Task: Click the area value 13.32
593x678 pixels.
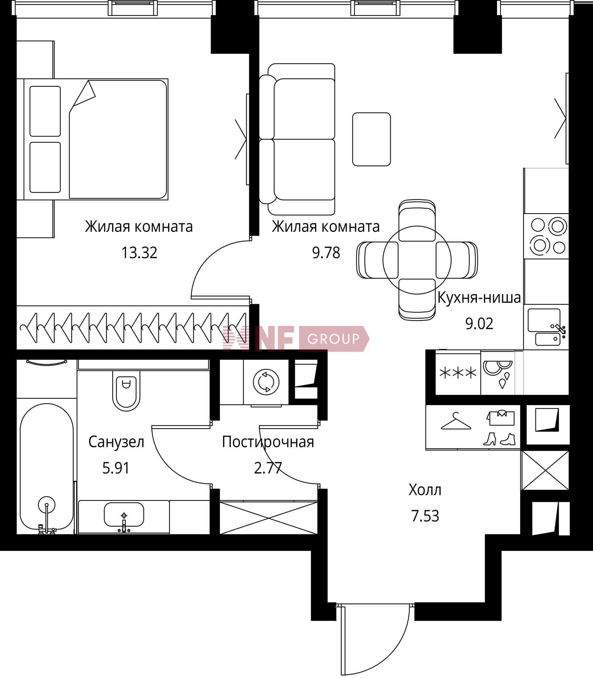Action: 139,253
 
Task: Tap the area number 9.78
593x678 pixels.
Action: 326,253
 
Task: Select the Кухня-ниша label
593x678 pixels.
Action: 479,298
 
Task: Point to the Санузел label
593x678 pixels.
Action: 116,442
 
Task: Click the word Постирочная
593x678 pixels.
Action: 268,442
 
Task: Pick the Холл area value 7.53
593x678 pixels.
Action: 425,516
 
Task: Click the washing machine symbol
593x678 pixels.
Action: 266,382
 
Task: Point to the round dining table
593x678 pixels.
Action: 417,260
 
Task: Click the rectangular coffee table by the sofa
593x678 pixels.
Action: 371,139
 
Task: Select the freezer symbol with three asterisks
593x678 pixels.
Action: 458,373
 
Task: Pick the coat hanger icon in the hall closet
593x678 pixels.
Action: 456,422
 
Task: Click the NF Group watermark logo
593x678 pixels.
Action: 296,339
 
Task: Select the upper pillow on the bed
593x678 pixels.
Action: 45,111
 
